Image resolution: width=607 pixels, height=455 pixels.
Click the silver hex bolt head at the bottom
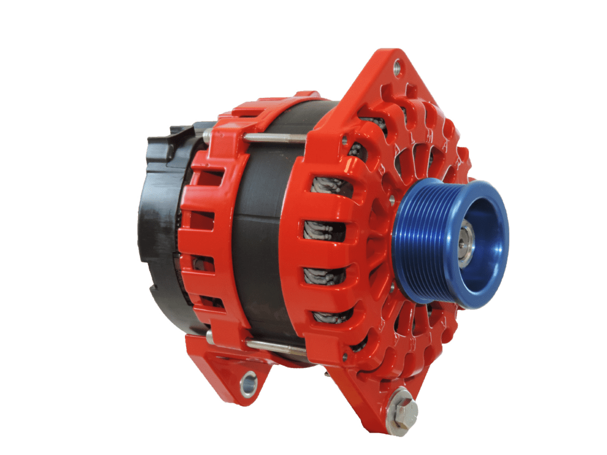click(x=405, y=410)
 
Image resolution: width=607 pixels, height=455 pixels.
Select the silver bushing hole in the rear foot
click(x=248, y=383)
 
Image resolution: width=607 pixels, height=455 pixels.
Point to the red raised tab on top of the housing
click(x=308, y=95)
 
